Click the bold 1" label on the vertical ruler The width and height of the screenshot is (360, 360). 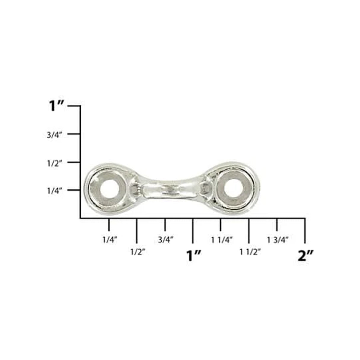56,106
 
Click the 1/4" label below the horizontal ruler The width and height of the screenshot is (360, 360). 110,240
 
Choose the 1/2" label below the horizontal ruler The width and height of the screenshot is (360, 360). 138,252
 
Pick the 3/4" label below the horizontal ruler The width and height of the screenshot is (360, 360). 165,240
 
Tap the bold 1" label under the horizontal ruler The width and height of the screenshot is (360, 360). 194,256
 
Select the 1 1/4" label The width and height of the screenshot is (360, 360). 222,240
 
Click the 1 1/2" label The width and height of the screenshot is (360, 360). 250,252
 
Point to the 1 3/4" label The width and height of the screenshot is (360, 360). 278,240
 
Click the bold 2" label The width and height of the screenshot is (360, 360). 305,256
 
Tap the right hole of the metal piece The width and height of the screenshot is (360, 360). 234,188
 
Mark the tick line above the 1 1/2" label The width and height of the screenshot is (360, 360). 249,230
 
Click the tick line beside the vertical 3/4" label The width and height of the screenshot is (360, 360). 74,134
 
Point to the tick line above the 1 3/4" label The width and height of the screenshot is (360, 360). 277,224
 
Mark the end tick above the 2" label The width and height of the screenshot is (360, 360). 305,230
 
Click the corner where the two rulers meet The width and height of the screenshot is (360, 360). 80,218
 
